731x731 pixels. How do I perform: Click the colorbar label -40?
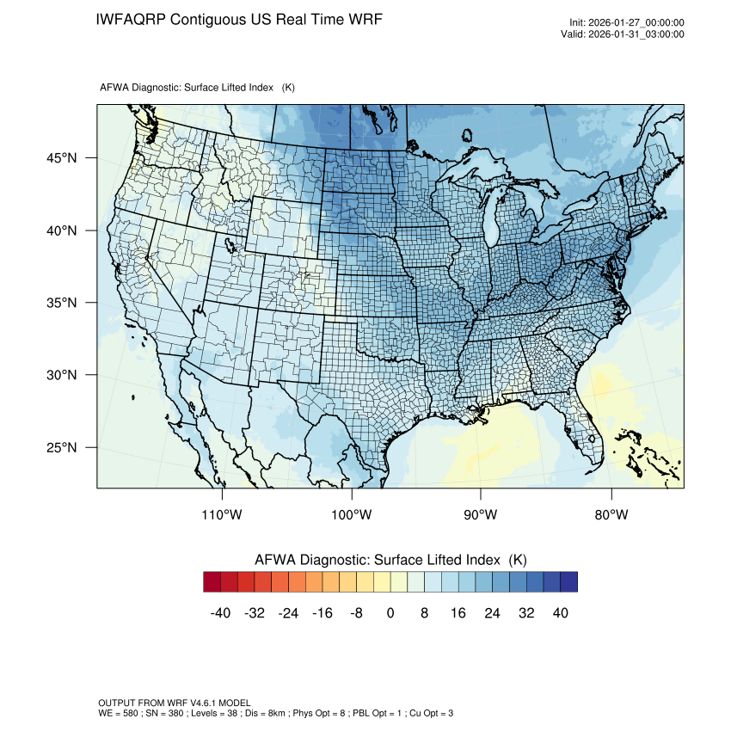point(221,613)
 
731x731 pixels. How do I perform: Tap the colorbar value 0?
point(390,613)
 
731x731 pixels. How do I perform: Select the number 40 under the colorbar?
point(560,613)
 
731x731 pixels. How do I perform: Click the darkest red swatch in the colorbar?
point(212,582)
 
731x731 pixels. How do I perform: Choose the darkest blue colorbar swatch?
point(568,582)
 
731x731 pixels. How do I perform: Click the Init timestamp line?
point(627,22)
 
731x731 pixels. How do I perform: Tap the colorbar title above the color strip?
point(390,559)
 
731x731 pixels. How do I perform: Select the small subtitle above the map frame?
point(198,88)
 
